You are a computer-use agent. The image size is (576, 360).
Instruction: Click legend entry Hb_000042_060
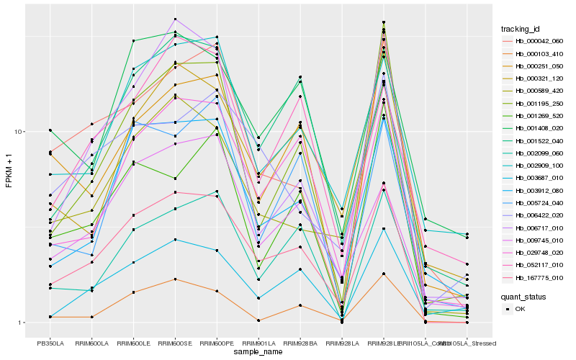pyautogui.click(x=538, y=42)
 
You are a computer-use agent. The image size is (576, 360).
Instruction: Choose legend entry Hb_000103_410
pyautogui.click(x=538, y=54)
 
